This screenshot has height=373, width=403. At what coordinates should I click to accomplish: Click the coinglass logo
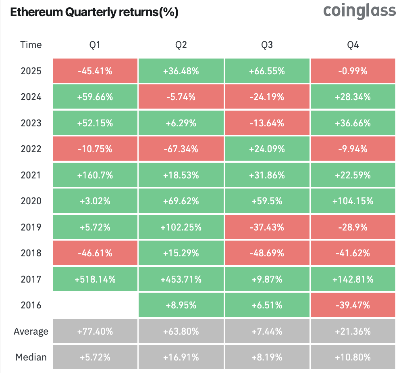click(359, 11)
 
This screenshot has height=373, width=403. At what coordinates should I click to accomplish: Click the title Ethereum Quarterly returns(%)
click(94, 13)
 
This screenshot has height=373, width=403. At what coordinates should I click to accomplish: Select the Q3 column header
click(267, 45)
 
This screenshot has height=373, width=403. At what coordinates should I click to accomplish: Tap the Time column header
click(31, 45)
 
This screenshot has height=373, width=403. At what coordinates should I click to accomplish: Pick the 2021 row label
click(31, 175)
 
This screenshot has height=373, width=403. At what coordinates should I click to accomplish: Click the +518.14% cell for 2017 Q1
click(95, 279)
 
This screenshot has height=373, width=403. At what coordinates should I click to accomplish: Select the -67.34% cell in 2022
click(181, 149)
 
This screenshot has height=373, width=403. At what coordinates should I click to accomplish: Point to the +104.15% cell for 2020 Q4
click(353, 201)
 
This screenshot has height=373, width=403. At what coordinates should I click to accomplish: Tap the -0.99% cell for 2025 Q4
click(353, 71)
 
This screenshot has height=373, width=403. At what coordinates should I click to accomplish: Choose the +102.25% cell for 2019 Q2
click(181, 227)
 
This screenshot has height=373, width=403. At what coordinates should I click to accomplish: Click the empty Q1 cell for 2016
click(95, 305)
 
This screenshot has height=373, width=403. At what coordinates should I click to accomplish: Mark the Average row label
click(31, 331)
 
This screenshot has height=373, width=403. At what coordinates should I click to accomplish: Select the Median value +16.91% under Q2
click(181, 357)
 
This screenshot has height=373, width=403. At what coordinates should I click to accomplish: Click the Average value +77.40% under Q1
click(95, 331)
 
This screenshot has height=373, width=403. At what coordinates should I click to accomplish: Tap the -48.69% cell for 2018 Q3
click(267, 253)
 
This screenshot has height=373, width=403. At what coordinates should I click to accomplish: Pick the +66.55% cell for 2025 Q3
click(267, 71)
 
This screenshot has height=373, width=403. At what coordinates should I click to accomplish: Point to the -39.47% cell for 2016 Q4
click(353, 305)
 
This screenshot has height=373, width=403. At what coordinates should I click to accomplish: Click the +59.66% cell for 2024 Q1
click(95, 97)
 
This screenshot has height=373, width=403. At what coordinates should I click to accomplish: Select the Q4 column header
click(353, 45)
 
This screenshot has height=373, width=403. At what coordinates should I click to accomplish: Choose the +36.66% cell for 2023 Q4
click(353, 123)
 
